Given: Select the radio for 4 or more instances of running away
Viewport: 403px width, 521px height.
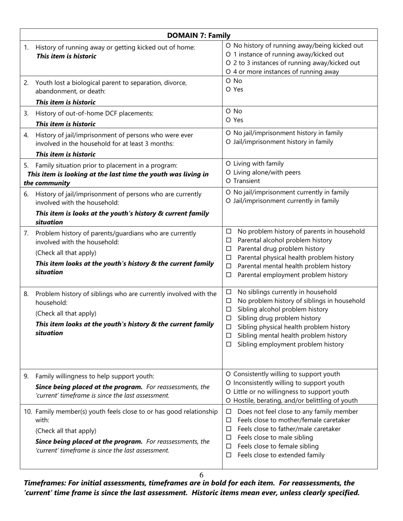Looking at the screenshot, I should [229, 72].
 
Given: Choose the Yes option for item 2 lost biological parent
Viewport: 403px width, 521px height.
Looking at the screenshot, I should [229, 89].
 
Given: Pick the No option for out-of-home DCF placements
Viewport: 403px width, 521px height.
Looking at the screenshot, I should [229, 111].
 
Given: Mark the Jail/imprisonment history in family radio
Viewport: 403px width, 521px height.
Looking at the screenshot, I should [229, 142].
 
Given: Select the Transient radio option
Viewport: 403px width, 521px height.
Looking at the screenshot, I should [229, 181].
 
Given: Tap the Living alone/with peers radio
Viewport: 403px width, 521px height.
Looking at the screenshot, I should [229, 172].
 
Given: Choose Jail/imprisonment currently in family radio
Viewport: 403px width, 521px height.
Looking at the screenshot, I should [229, 201].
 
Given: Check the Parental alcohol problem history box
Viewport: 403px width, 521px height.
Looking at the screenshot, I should [229, 240].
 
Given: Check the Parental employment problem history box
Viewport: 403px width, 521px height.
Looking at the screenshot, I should [229, 275].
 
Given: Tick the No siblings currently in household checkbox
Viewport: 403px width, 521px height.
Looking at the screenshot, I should [229, 292].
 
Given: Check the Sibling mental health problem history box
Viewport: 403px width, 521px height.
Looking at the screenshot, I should [229, 335].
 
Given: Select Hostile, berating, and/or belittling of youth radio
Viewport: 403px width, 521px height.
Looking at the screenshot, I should [229, 400].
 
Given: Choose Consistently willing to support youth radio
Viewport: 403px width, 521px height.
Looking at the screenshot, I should [229, 374].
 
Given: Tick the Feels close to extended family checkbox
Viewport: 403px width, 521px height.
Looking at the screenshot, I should [229, 455].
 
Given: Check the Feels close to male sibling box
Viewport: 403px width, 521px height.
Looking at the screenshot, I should [229, 438].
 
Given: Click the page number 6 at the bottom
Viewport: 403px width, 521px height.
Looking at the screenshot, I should [201, 475].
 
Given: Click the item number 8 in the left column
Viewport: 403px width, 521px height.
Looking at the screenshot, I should [26, 294].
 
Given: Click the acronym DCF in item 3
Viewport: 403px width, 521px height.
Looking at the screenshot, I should [106, 113].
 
